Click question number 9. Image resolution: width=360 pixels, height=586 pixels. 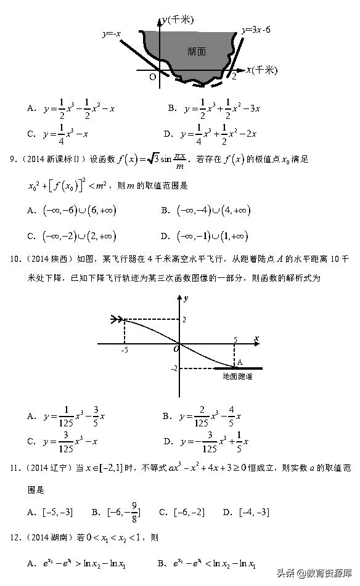(x=12, y=160)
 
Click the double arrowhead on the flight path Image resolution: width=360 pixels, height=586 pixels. (x=116, y=319)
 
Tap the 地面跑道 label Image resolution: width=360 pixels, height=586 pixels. (x=237, y=376)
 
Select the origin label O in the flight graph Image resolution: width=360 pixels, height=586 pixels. (x=176, y=349)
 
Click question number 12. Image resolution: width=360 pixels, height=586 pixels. (x=14, y=537)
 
